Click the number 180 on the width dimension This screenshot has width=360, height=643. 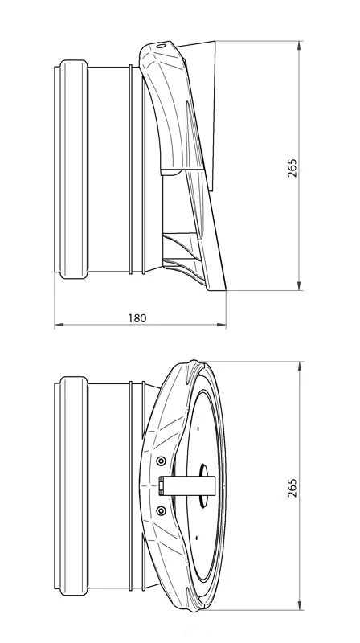(137, 318)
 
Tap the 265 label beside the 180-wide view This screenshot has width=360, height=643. (292, 167)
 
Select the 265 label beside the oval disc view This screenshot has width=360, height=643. (292, 488)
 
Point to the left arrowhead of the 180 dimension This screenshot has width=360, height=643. (59, 326)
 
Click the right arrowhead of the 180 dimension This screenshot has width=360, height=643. (222, 326)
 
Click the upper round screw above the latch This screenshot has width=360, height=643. (162, 461)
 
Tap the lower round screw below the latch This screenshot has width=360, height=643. (162, 510)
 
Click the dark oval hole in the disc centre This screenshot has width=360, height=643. (204, 485)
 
